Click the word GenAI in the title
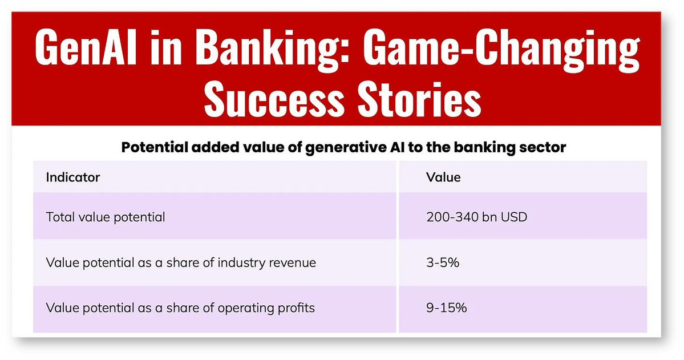[x=86, y=47]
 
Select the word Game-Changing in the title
[x=501, y=47]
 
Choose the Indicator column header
[x=73, y=177]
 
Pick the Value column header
[x=443, y=177]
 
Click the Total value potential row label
[x=106, y=217]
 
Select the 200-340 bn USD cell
[x=477, y=217]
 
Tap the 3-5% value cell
[x=443, y=262]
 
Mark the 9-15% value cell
[x=447, y=308]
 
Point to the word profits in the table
[x=294, y=308]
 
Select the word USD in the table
[x=514, y=217]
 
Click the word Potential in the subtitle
[x=155, y=148]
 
